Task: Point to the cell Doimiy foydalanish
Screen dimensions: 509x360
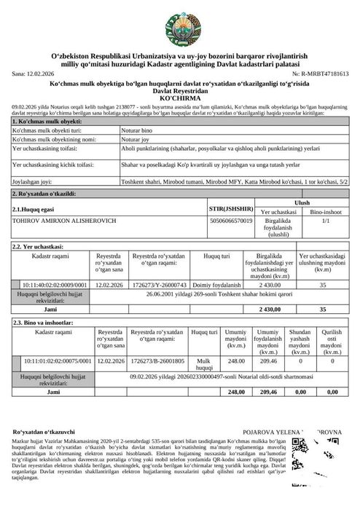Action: [217, 285]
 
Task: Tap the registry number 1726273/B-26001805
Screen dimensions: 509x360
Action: [156, 360]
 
